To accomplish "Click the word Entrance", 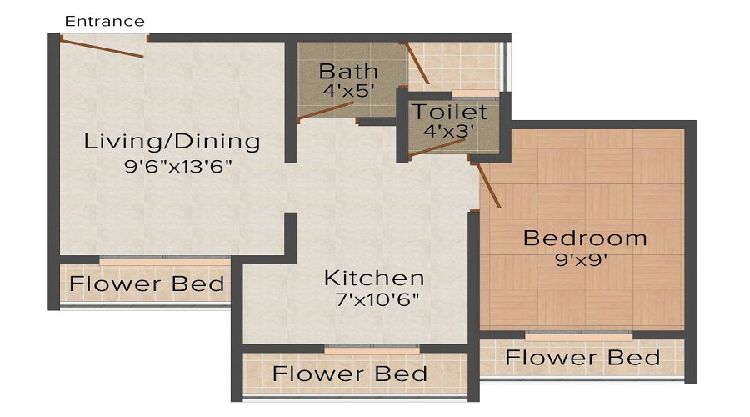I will pos(104,21).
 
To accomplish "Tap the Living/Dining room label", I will pos(172,141).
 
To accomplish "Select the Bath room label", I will pos(348,71).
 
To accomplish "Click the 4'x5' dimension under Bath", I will pos(349,91).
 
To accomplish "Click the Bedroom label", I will pos(585,239).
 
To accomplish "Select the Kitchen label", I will pos(374,278).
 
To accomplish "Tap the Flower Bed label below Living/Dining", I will pos(147,284).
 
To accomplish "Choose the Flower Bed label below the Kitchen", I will pos(350,373).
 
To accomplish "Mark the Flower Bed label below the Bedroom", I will pos(582,359).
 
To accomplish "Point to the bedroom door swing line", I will pos(488,185).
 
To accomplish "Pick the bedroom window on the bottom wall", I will pos(578,334).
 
